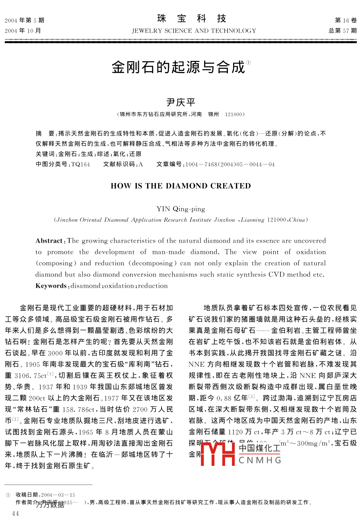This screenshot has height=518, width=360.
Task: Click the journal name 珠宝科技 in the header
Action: click(192, 19)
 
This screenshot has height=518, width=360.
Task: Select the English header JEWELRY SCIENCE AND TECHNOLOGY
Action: click(194, 31)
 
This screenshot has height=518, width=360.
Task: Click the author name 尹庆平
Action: click(181, 102)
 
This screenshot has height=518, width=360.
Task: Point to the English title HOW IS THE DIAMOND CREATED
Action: click(181, 186)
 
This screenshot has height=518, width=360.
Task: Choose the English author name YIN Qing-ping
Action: click(181, 208)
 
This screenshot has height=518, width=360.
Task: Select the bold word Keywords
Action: click(51, 286)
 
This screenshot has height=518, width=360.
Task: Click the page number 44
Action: click(16, 514)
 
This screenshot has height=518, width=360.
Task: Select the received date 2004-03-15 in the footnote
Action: click(58, 495)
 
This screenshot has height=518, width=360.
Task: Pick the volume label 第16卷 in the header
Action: click(346, 20)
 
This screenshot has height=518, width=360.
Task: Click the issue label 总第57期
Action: click(342, 31)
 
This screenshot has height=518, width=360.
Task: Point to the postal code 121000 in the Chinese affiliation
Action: click(234, 114)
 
